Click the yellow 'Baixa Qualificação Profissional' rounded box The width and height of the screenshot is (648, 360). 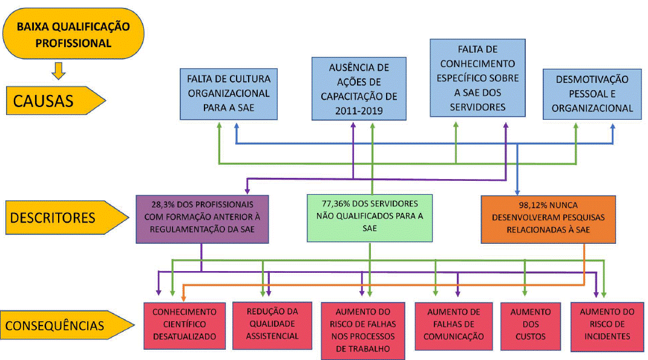[x=74, y=34]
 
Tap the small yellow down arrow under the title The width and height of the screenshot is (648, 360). [x=59, y=70]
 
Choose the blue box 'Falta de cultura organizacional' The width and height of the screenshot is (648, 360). [x=229, y=94]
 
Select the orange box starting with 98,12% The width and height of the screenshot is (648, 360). [x=548, y=218]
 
